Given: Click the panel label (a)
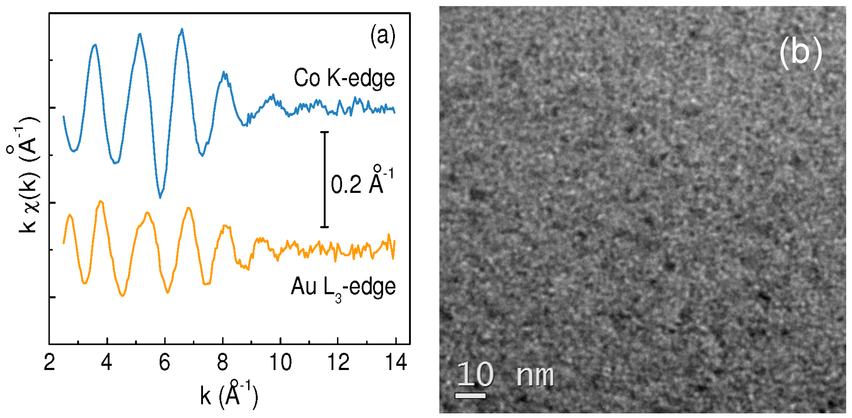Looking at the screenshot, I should click(383, 36).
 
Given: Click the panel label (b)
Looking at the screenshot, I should click(800, 53).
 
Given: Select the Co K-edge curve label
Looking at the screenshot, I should click(344, 78).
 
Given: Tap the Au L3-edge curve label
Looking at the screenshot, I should click(343, 287).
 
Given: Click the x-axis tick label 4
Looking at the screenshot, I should click(106, 362).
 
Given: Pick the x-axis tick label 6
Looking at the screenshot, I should click(164, 362).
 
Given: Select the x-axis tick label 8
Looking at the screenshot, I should click(222, 362).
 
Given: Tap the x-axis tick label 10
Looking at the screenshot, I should click(280, 362).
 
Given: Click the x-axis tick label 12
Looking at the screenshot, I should click(338, 362).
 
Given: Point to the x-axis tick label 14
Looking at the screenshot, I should click(396, 362).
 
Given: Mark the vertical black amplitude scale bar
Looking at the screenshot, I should click(324, 180).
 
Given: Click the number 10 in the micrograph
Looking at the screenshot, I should click(475, 374).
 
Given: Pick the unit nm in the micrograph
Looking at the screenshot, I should click(535, 376).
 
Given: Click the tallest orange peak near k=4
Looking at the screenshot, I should click(101, 201).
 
